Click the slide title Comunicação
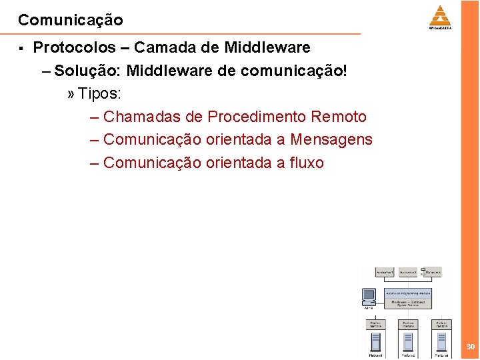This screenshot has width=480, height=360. click(x=71, y=20)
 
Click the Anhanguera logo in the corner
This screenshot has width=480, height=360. click(x=440, y=17)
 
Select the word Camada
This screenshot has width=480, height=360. click(x=159, y=47)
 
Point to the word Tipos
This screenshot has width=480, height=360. click(x=99, y=93)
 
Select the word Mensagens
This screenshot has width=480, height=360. click(x=331, y=140)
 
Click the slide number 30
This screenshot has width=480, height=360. click(x=471, y=347)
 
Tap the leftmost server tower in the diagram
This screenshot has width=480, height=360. click(x=375, y=343)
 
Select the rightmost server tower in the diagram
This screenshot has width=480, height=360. click(x=441, y=343)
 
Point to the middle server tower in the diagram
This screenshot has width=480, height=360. click(x=408, y=343)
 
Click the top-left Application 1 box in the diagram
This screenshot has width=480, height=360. click(x=385, y=272)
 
